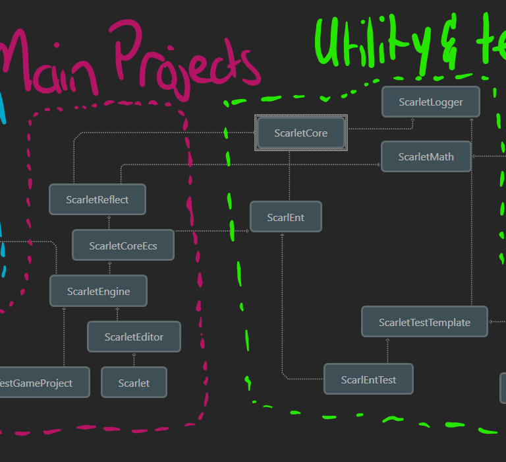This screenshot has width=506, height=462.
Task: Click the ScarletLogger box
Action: click(x=431, y=102)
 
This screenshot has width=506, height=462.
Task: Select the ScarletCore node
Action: click(x=300, y=133)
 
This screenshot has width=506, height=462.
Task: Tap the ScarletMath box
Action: click(x=426, y=156)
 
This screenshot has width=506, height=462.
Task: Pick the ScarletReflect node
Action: click(x=98, y=199)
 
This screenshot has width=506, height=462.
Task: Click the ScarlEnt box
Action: click(x=286, y=217)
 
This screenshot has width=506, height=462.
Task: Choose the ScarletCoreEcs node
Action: click(x=123, y=246)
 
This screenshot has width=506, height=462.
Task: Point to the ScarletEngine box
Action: click(x=99, y=291)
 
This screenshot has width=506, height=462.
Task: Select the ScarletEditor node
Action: click(x=134, y=337)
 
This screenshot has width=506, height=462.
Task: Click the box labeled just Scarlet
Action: click(x=134, y=383)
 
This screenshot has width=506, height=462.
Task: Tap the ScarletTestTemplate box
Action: click(x=424, y=322)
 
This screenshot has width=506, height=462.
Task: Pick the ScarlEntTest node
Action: click(x=368, y=379)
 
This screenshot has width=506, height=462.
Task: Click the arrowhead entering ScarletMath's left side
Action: click(x=379, y=164)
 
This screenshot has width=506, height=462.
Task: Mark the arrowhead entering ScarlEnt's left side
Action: click(x=248, y=230)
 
